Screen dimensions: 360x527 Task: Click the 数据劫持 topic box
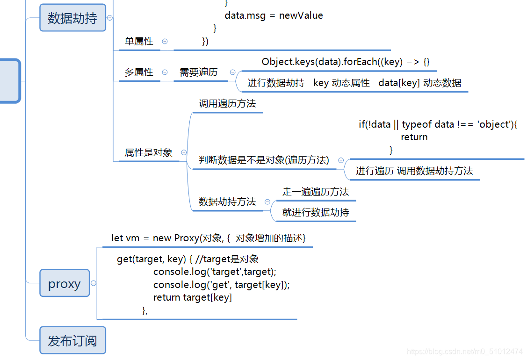(x=72, y=18)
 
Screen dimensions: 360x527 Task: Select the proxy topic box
(x=65, y=283)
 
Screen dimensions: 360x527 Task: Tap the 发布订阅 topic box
(x=72, y=340)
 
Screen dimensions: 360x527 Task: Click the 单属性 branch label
(x=139, y=42)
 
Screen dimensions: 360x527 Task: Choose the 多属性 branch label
(x=139, y=72)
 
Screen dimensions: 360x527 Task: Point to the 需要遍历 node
(x=199, y=72)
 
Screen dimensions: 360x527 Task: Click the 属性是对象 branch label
(x=148, y=152)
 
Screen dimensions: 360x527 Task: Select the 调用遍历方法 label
(x=227, y=104)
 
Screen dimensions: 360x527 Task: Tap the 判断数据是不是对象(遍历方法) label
(x=264, y=160)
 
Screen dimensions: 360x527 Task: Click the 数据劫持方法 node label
(x=227, y=202)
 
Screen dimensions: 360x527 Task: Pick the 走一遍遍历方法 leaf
(x=316, y=192)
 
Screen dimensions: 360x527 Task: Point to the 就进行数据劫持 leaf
(x=316, y=213)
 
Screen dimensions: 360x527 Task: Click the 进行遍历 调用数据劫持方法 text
(x=414, y=171)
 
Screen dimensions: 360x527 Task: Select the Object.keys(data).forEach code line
(x=346, y=62)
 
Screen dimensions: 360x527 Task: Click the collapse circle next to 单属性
(x=165, y=42)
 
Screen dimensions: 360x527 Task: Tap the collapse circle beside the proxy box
(x=94, y=283)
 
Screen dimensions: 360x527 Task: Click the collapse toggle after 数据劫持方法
(x=267, y=202)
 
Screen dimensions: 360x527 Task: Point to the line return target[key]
(x=193, y=297)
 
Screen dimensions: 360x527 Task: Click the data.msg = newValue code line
(x=274, y=15)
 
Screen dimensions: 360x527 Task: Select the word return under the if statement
(x=414, y=137)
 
